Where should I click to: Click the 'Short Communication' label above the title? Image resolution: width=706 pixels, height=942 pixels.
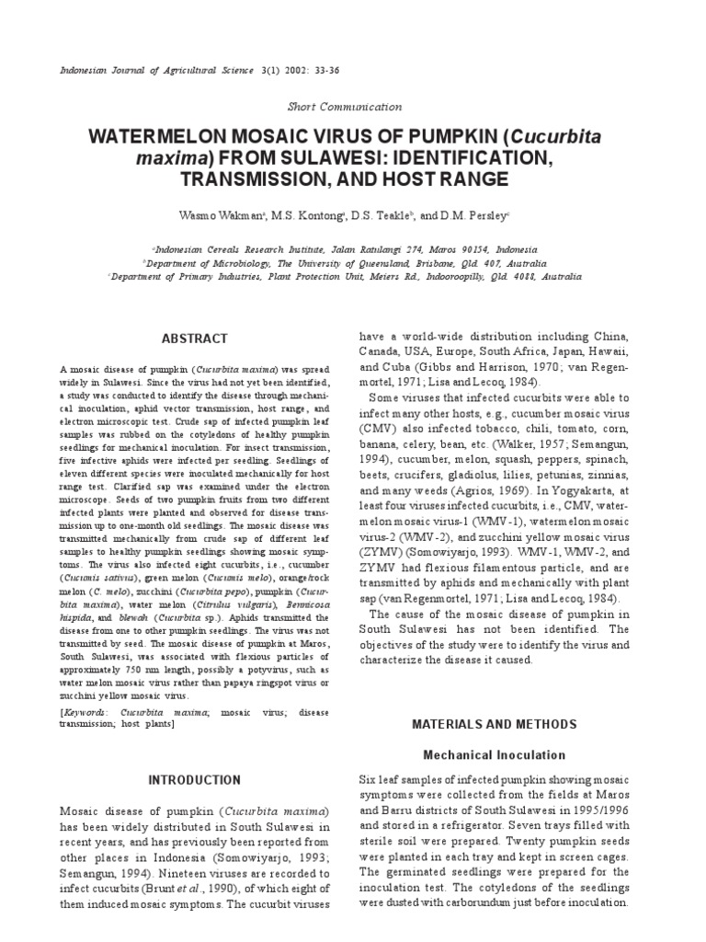click(x=345, y=107)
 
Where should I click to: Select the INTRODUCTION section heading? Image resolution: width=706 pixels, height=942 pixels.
click(x=194, y=780)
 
